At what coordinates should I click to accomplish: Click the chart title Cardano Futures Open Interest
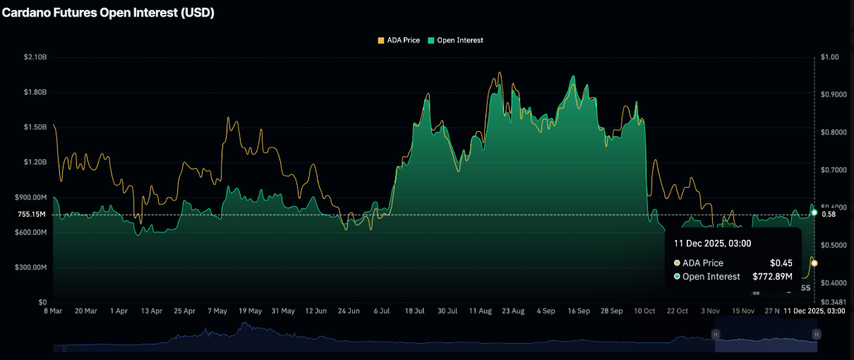(x=108, y=13)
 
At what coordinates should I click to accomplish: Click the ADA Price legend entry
(x=399, y=40)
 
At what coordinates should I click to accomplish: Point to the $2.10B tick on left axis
(x=35, y=57)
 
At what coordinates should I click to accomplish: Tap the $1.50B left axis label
(x=35, y=127)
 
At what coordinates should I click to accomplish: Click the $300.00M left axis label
(x=32, y=268)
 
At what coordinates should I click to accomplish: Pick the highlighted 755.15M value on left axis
(x=32, y=214)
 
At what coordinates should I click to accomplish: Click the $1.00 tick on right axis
(x=831, y=57)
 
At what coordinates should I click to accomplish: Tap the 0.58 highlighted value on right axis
(x=829, y=214)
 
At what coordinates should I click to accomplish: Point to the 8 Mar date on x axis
(x=54, y=311)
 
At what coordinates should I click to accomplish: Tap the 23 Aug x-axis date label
(x=512, y=311)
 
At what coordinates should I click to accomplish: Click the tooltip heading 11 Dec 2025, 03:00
(x=712, y=244)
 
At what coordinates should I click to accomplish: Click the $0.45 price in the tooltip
(x=781, y=263)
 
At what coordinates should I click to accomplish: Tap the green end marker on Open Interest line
(x=814, y=212)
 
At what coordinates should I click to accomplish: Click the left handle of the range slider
(x=716, y=335)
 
